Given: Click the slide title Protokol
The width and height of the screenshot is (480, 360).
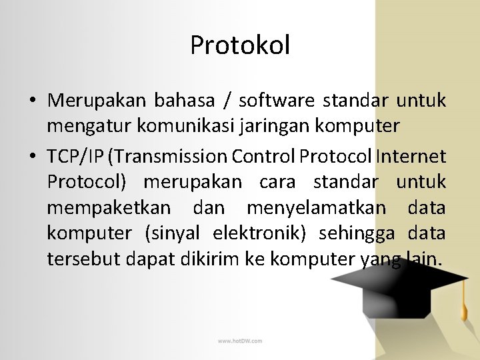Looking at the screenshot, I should coord(240,45).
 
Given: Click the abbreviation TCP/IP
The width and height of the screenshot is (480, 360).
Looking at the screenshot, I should coord(75,156).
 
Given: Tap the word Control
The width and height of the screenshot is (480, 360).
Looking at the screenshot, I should coord(264,156).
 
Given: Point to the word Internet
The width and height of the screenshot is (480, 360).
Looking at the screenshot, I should coord(411,156).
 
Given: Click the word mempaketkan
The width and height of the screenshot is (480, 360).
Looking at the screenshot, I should coord(108,208).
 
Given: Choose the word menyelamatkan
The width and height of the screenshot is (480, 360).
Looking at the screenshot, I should coord(316,208).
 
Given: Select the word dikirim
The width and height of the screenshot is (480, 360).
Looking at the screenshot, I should coord(204,259).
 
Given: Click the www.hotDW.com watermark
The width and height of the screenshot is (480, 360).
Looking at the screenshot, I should coord(239,341).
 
